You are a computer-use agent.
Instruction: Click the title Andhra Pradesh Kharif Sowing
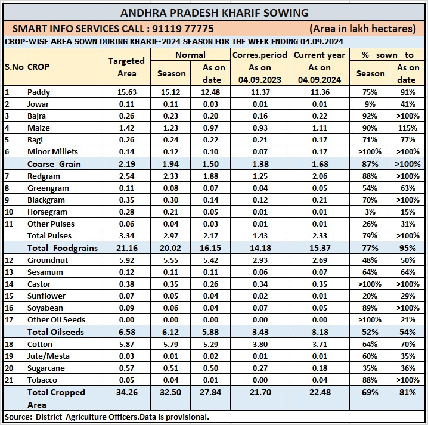pos(214,13)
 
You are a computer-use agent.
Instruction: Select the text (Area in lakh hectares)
pos(362,29)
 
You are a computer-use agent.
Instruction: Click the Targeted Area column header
pos(126,67)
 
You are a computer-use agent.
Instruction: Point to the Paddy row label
pos(39,92)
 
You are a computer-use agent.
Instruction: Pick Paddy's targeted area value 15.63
pos(126,92)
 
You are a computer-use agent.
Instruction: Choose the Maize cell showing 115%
pos(406,128)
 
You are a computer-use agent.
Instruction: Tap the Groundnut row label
pos(48,260)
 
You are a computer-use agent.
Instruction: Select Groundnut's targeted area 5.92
pos(126,260)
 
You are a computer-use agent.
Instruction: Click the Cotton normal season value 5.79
pos(171,344)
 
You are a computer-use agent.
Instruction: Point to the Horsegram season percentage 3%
pos(370,212)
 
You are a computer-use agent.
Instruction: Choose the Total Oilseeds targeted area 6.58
pos(126,332)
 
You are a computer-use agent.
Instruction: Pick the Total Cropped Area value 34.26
pos(126,392)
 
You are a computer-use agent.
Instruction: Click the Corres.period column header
pos(260,55)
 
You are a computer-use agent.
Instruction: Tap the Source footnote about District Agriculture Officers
pos(107,417)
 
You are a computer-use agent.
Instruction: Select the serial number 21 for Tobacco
pos(8,380)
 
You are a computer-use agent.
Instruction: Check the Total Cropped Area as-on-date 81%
pos(406,392)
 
